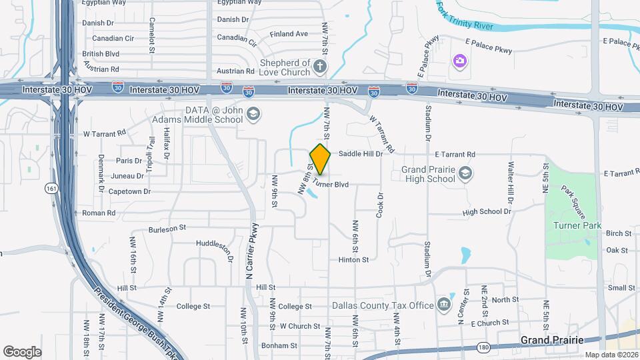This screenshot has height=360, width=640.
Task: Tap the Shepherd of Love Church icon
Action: [x=320, y=67]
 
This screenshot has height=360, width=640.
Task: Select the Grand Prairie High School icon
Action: [x=465, y=174]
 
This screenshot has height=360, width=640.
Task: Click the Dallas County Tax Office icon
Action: [x=444, y=305]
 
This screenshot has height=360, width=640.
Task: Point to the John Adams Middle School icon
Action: [x=253, y=115]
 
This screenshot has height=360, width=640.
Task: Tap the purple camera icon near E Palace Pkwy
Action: [x=459, y=62]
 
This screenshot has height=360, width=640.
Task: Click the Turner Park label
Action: [x=577, y=225]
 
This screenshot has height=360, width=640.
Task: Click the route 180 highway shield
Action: [x=483, y=347]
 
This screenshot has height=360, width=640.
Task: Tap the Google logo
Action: [x=23, y=351]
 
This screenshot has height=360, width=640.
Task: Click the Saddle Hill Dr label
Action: [x=361, y=153]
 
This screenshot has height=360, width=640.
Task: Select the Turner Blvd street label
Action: [x=331, y=183]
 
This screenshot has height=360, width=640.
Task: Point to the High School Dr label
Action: [x=486, y=212]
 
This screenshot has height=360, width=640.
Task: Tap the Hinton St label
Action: [x=353, y=259]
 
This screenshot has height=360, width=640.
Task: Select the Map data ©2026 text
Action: [x=610, y=355]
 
